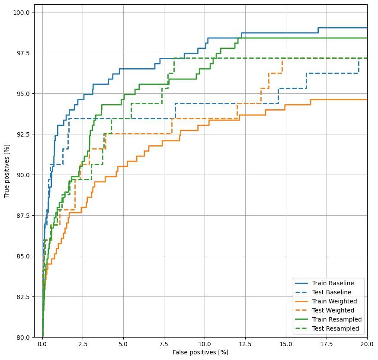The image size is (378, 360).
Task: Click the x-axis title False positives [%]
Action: [x=200, y=352]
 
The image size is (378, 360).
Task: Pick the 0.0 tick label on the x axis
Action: [x=42, y=344]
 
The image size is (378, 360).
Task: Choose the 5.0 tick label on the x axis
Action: [x=123, y=344]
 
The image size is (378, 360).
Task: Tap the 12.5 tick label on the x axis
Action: [x=245, y=344]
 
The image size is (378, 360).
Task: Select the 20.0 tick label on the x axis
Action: [x=367, y=344]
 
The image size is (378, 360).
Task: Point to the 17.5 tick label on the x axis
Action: [x=327, y=344]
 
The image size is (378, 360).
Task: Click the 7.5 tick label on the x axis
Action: [x=164, y=344]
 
